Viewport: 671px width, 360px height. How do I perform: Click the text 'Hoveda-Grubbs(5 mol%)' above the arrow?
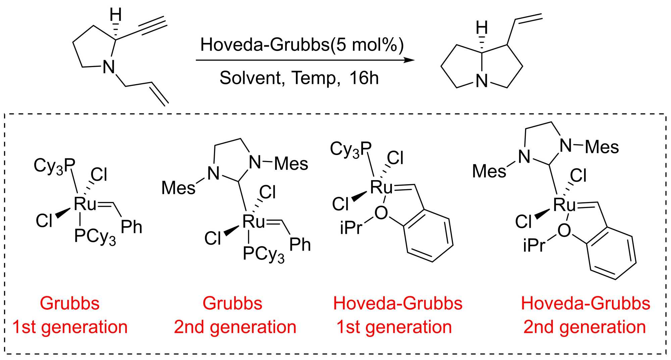[x=302, y=45]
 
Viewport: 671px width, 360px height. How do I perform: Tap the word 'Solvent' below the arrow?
[x=250, y=78]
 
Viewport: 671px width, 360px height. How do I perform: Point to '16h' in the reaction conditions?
[x=364, y=78]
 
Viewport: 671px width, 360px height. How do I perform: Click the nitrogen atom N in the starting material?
[x=109, y=67]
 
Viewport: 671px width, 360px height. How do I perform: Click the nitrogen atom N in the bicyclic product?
[x=482, y=81]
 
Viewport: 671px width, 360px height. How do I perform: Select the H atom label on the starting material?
[x=116, y=15]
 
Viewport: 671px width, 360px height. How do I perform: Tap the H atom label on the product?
[x=482, y=28]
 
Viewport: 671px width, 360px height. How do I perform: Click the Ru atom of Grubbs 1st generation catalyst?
[x=85, y=204]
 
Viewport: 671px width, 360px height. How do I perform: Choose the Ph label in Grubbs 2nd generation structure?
[x=300, y=245]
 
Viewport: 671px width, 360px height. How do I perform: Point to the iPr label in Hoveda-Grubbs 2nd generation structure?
[x=534, y=245]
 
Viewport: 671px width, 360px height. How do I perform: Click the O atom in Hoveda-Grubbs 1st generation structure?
[x=381, y=213]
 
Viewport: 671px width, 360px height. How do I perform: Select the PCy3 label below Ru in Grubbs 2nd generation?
[x=263, y=254]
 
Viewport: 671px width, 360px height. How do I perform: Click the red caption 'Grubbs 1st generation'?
[x=70, y=315]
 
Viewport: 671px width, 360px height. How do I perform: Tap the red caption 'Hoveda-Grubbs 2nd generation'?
[x=585, y=315]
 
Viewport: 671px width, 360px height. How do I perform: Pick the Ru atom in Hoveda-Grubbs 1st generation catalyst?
[x=381, y=187]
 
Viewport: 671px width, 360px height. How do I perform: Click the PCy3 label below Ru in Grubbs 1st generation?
[x=95, y=237]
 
